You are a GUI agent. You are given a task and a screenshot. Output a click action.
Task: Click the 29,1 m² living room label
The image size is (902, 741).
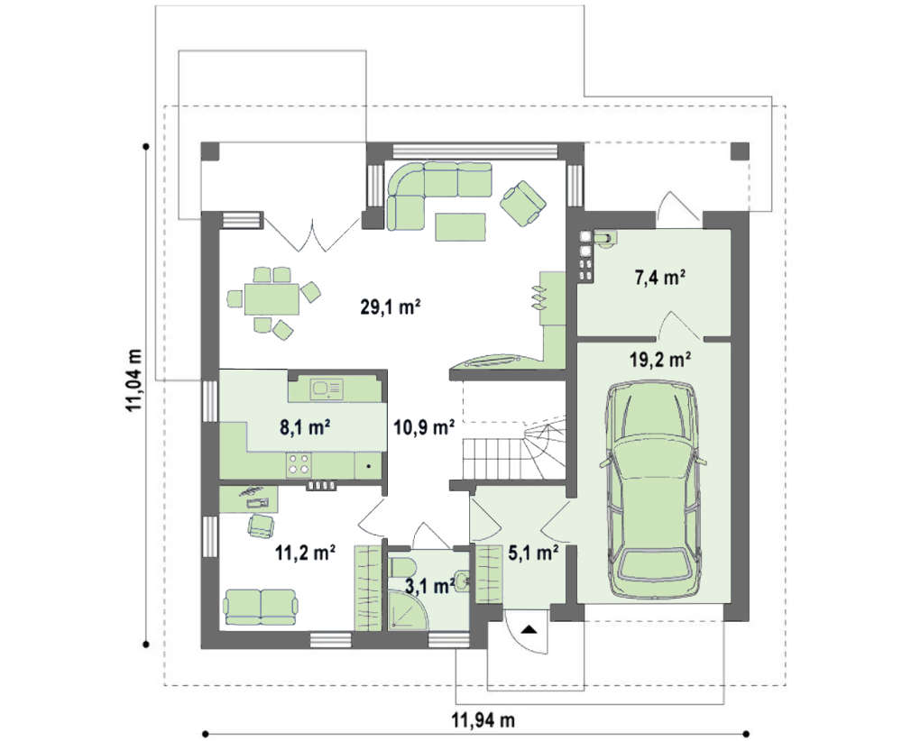tap(391, 307)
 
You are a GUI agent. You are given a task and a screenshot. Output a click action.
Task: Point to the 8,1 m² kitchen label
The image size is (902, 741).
tap(305, 427)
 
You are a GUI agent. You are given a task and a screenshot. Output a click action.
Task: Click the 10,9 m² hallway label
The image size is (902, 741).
tap(425, 427)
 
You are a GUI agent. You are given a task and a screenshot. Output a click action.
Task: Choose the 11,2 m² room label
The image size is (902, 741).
tap(306, 553)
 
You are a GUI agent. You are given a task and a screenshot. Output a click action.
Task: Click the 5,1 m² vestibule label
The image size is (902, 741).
tap(533, 553)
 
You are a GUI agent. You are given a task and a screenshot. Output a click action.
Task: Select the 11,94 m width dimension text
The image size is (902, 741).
tap(483, 719)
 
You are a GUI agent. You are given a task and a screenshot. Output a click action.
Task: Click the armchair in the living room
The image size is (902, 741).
tap(523, 203)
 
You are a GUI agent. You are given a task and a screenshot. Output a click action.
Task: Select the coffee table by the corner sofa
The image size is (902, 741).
tap(460, 226)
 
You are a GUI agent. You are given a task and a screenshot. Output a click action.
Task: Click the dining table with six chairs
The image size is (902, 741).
tap(272, 299)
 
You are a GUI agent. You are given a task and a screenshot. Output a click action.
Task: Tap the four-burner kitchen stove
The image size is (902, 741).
tap(299, 464)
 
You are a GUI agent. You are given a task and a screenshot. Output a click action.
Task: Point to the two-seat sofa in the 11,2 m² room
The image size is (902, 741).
tap(262, 607)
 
